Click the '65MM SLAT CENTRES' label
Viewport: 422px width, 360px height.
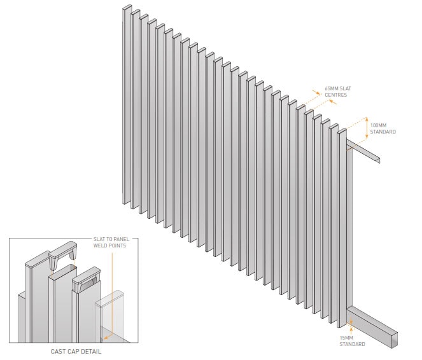click(x=338, y=92)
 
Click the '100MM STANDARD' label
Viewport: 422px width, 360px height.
click(x=383, y=128)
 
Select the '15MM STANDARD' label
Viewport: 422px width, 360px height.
click(x=352, y=341)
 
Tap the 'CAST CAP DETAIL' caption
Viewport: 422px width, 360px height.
click(x=76, y=351)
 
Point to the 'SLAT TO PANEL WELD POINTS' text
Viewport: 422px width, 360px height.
click(x=111, y=242)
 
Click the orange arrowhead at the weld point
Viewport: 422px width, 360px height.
click(x=106, y=337)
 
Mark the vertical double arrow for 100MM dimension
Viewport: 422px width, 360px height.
click(x=366, y=128)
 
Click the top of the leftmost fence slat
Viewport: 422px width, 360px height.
click(x=127, y=7)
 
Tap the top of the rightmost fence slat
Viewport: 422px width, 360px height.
click(x=342, y=131)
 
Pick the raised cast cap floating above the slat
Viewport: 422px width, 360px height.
click(x=63, y=254)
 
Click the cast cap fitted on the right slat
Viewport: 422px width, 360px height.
click(x=87, y=279)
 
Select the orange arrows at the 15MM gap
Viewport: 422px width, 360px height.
click(x=351, y=326)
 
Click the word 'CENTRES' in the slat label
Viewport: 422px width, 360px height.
click(x=335, y=95)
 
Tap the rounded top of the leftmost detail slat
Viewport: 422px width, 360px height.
click(x=37, y=259)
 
